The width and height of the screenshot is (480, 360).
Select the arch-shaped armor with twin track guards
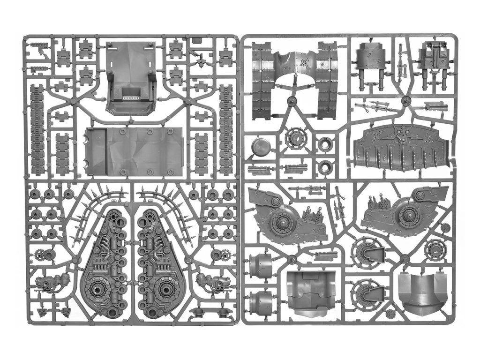(296, 80)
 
